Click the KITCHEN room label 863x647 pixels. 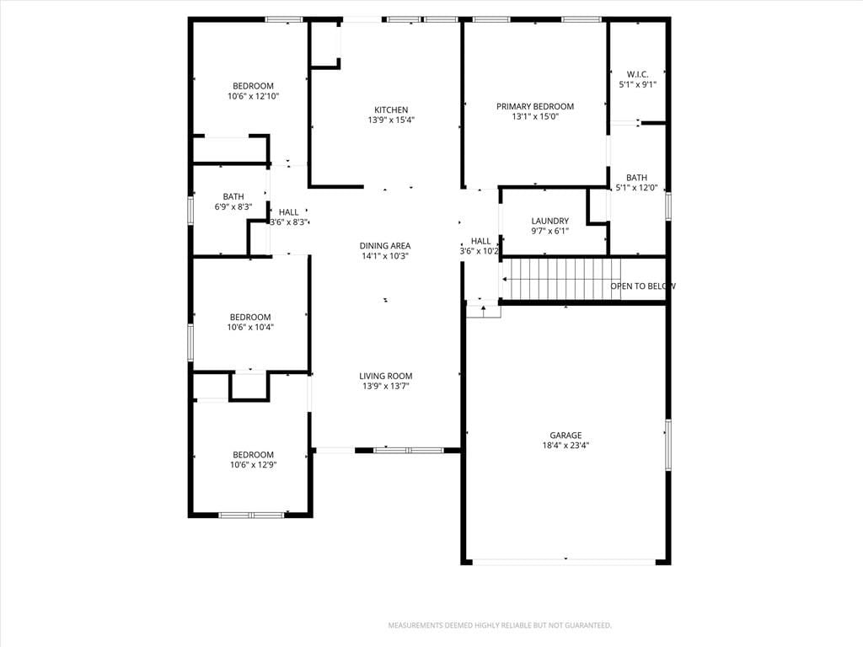pos(391,110)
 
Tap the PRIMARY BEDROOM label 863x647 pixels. pos(535,106)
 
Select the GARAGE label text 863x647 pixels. pos(566,436)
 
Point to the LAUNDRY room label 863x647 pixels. pos(549,222)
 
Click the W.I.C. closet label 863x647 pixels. pos(637,74)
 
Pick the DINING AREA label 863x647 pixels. pos(385,246)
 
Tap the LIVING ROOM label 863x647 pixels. pos(386,377)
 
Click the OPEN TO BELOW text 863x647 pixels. pos(643,286)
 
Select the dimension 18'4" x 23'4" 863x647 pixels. pos(566,446)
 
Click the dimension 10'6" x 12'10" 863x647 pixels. pos(253,96)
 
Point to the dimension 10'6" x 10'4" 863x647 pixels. pos(250,328)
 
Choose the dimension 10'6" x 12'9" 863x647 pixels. pos(253,465)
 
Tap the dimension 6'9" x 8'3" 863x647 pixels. pos(233,207)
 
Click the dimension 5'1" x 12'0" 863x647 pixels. pos(637,188)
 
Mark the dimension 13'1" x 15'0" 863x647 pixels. pos(535,116)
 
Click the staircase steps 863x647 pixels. pos(562,279)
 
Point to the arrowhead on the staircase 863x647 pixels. pos(505,280)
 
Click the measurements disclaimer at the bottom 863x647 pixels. pos(500,626)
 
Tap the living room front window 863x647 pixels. pos(409,451)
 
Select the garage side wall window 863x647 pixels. pos(668,445)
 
